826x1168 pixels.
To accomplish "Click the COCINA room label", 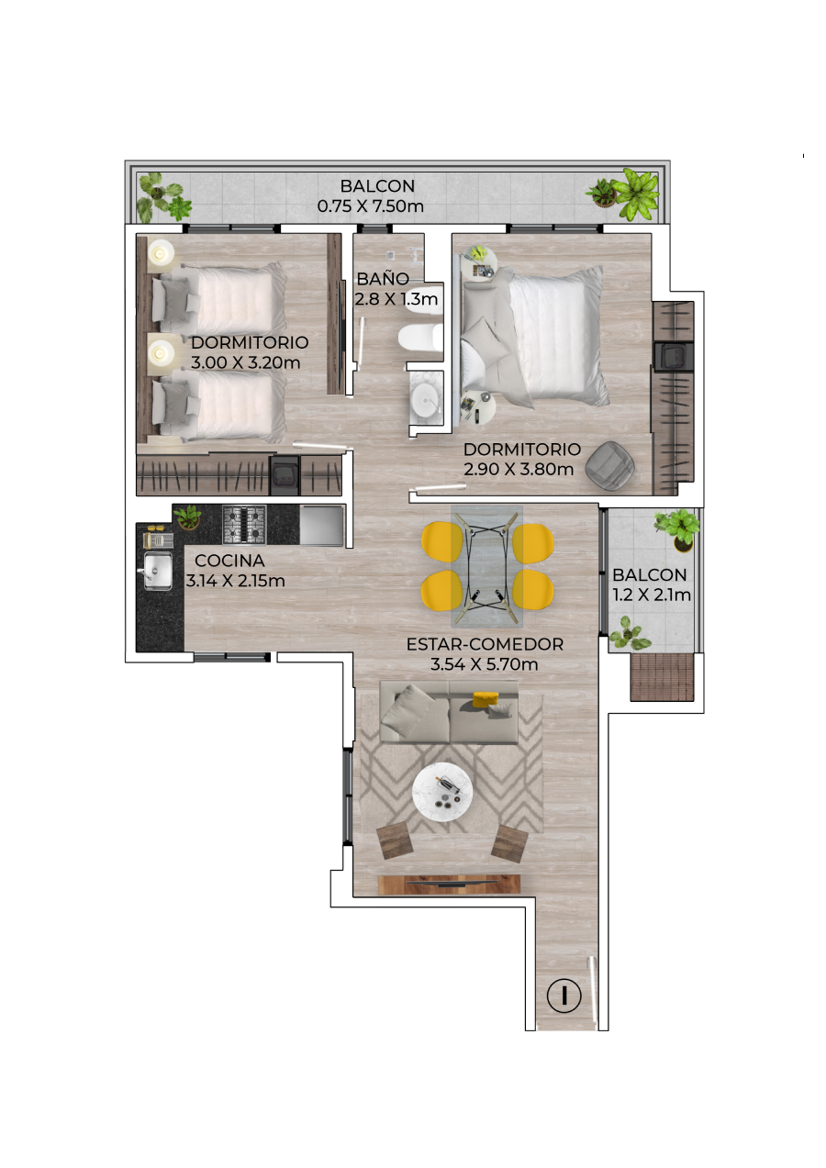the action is pyautogui.click(x=229, y=561).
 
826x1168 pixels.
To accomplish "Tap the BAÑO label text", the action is pyautogui.click(x=383, y=278).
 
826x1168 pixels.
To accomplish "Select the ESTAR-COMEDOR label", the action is pyautogui.click(x=485, y=644).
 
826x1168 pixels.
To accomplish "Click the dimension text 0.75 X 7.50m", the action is pyautogui.click(x=370, y=206).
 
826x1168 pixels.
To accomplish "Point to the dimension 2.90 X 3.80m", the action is pyautogui.click(x=519, y=469).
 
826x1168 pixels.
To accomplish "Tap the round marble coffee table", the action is pyautogui.click(x=442, y=793).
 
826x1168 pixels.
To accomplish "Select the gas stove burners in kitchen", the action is pyautogui.click(x=244, y=525).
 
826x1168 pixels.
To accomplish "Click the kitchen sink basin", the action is pyautogui.click(x=158, y=571).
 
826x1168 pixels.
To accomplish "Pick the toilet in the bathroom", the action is pyautogui.click(x=421, y=338).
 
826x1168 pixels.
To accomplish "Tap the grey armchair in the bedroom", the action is pyautogui.click(x=609, y=466).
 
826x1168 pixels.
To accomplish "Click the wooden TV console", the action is pyautogui.click(x=449, y=884).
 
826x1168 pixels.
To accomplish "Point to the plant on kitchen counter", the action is pyautogui.click(x=187, y=517).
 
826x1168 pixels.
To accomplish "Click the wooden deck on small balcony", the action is pyautogui.click(x=662, y=677).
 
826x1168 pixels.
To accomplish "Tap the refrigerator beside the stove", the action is pyautogui.click(x=322, y=525).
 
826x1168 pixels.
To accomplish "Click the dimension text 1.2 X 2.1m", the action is pyautogui.click(x=652, y=595).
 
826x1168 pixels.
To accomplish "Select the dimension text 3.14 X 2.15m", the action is pyautogui.click(x=235, y=581).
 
